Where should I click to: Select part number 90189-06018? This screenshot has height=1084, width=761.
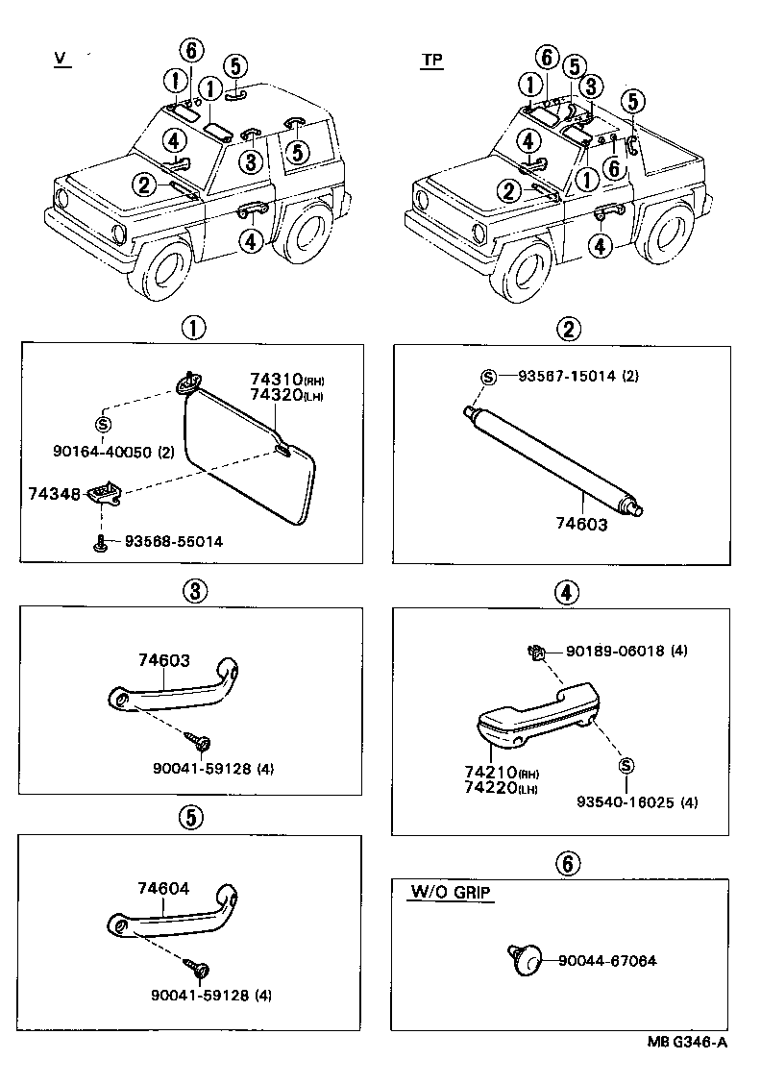click(612, 651)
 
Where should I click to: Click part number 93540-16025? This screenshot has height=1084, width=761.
click(625, 802)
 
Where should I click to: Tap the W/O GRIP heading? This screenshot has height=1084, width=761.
click(450, 893)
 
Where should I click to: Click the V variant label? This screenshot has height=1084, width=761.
click(61, 60)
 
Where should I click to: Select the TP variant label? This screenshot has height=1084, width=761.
click(432, 60)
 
